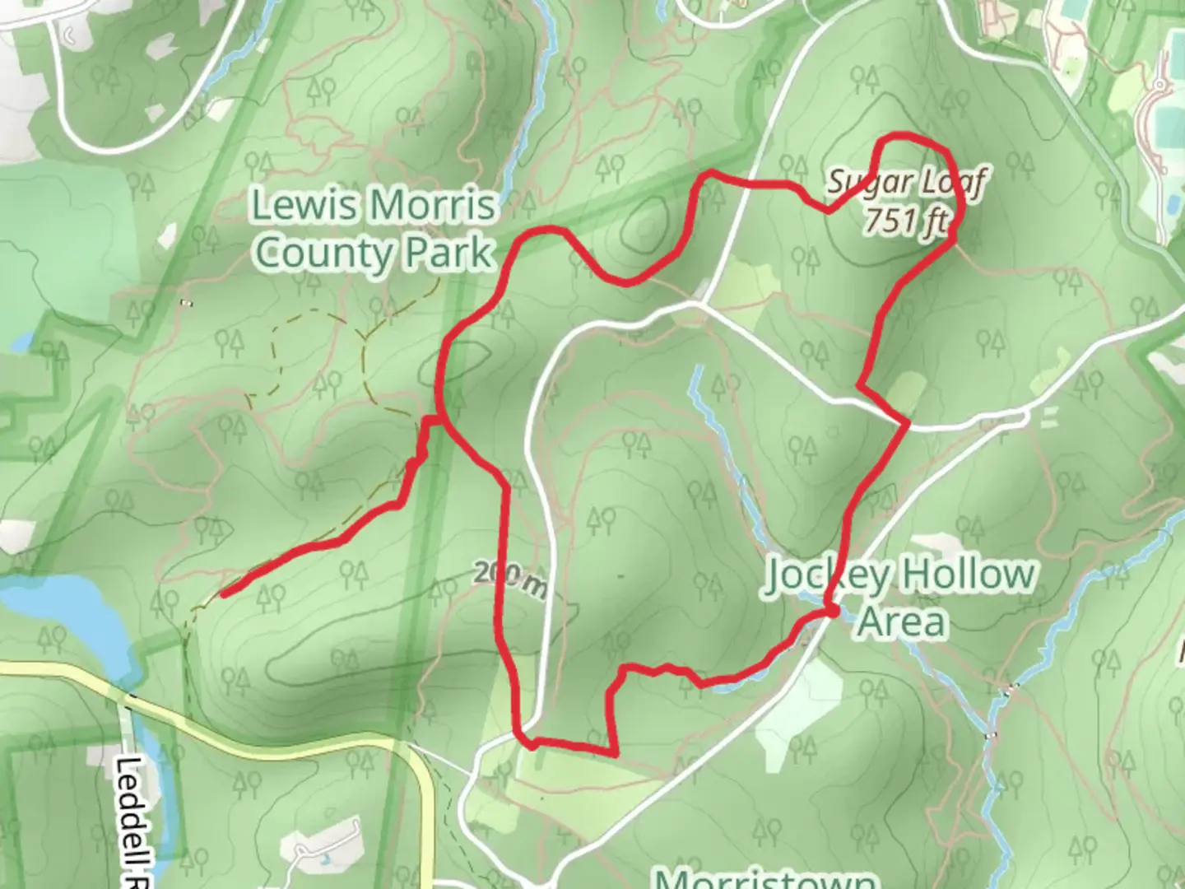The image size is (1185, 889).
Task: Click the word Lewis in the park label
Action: click(x=297, y=206)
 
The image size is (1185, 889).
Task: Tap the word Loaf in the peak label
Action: click(x=949, y=182)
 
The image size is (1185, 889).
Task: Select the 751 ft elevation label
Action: click(x=906, y=221)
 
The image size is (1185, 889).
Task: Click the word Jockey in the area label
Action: click(x=828, y=575)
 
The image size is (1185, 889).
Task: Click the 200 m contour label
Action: click(x=510, y=579)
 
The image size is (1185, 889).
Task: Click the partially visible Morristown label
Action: click(x=766, y=877)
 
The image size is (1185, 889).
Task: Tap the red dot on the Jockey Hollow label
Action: click(x=832, y=612)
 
